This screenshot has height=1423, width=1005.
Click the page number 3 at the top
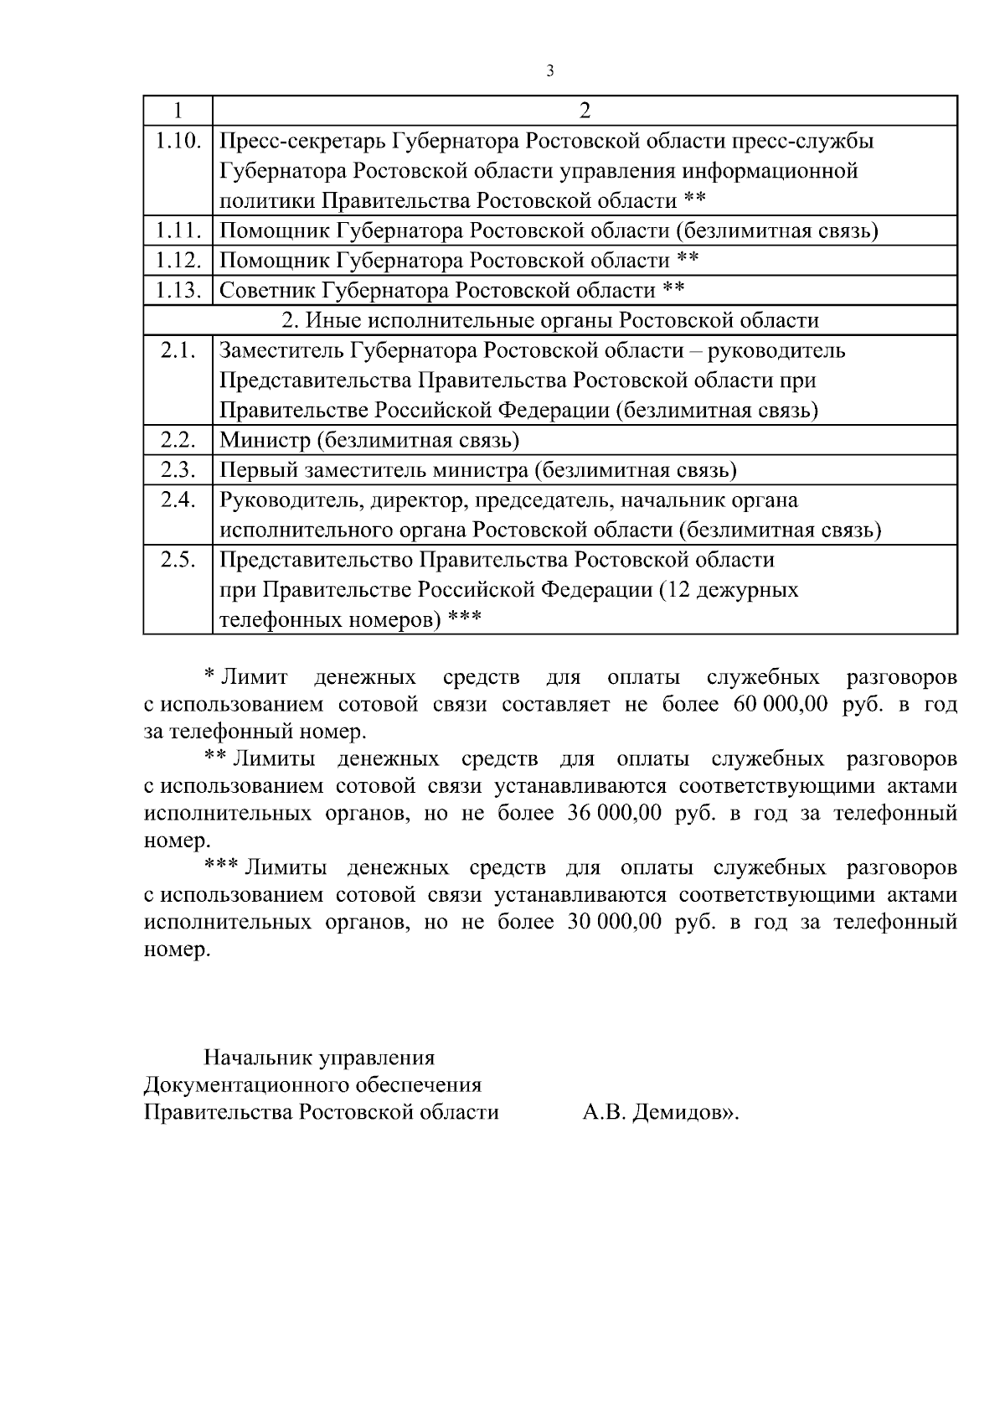pyautogui.click(x=549, y=71)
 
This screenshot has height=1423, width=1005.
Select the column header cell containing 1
pyautogui.click(x=178, y=111)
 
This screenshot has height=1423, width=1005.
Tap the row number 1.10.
pyautogui.click(x=178, y=141)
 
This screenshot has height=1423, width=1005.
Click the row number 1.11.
pyautogui.click(x=178, y=230)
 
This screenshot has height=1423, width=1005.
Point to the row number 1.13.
pyautogui.click(x=178, y=291)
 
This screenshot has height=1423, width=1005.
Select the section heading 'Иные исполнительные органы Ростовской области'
pyautogui.click(x=549, y=321)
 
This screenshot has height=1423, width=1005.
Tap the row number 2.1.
pyautogui.click(x=178, y=350)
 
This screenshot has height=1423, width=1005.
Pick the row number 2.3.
pyautogui.click(x=178, y=470)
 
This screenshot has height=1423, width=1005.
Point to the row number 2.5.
pyautogui.click(x=178, y=560)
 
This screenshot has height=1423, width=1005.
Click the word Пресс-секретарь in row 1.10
pyautogui.click(x=302, y=141)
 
